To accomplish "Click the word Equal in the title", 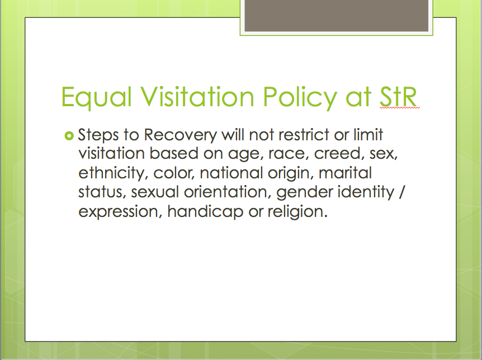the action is [97, 98].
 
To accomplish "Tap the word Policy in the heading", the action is [300, 98].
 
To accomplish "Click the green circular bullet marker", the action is [69, 136].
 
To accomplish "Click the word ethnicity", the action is [111, 173].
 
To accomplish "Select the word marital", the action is [345, 173].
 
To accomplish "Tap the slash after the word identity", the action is [402, 192].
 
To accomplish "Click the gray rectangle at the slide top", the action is [336, 15].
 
